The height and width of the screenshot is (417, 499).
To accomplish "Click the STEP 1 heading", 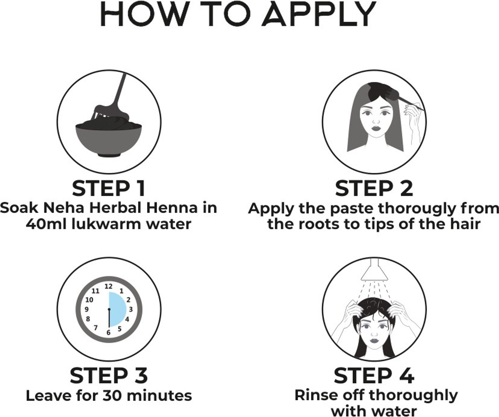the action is pyautogui.click(x=109, y=189).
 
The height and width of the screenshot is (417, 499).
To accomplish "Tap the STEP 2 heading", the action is pyautogui.click(x=374, y=189).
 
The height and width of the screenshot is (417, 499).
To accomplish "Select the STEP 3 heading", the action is pyautogui.click(x=109, y=376).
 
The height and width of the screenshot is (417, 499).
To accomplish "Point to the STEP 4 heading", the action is pyautogui.click(x=374, y=376).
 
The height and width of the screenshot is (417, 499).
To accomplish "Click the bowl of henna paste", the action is pyautogui.click(x=109, y=139).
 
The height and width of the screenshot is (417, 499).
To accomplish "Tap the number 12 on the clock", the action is pyautogui.click(x=108, y=286).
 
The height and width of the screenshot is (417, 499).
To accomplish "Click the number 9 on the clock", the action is pyautogui.click(x=87, y=310).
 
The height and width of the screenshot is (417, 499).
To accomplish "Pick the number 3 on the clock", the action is pyautogui.click(x=131, y=310).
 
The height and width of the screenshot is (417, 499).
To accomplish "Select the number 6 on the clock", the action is pyautogui.click(x=108, y=333).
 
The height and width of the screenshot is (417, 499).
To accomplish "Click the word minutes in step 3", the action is pyautogui.click(x=159, y=396).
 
